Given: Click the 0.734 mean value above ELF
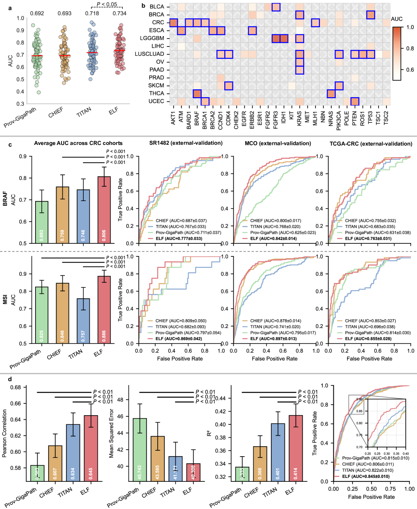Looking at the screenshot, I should pos(120,14).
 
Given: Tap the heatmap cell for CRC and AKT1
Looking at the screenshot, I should pos(173,22).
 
